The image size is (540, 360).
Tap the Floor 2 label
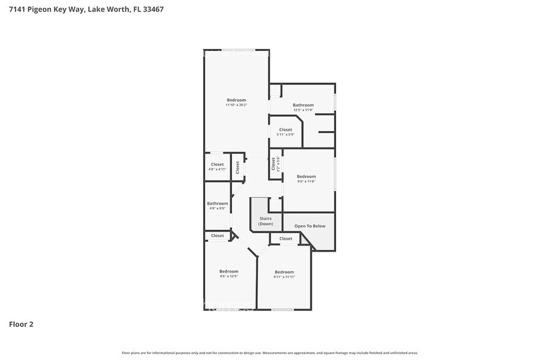21,324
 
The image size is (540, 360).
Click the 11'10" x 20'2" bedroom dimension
236,105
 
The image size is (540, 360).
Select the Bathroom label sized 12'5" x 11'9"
303,105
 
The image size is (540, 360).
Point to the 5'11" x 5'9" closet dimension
285,135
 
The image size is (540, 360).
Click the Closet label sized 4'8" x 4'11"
217,164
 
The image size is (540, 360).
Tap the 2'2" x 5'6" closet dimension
278,164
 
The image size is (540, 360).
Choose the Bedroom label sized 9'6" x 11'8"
306,176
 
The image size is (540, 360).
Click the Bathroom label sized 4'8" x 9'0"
217,203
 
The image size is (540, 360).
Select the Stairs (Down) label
265,221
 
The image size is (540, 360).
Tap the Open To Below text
310,226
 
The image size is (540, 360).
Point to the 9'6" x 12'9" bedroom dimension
229,276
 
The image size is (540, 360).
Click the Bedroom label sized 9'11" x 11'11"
284,272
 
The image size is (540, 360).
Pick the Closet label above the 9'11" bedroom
285,239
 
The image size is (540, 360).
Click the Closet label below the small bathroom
217,236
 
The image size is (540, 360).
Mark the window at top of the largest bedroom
239,50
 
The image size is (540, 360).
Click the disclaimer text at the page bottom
269,353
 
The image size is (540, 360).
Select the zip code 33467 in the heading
151,9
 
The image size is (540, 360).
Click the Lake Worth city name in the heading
111,9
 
